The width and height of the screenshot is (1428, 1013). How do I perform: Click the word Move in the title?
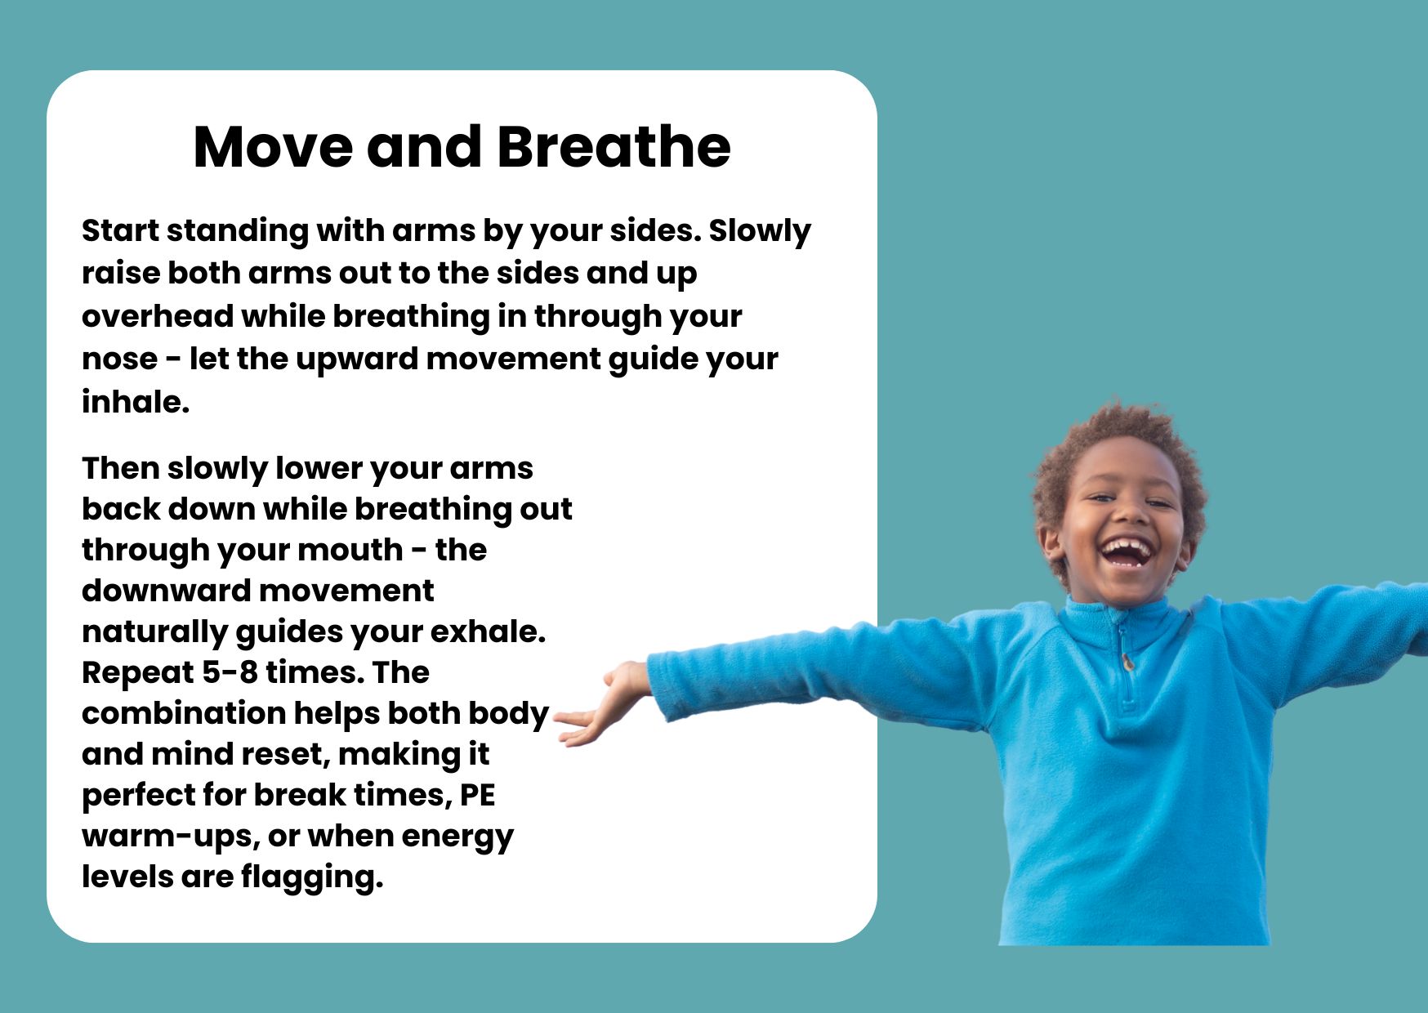(274, 147)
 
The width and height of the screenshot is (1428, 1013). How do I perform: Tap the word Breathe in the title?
(614, 147)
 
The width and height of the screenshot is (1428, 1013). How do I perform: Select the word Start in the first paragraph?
(121, 230)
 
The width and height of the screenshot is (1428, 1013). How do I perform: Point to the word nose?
(119, 359)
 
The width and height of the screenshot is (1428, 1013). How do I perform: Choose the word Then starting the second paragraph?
(120, 468)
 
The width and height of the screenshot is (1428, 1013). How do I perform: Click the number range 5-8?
(230, 672)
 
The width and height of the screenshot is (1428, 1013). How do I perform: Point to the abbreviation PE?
(478, 795)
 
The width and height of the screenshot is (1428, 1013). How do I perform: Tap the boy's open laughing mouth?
(1127, 551)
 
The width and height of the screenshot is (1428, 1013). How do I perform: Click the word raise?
(120, 274)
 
